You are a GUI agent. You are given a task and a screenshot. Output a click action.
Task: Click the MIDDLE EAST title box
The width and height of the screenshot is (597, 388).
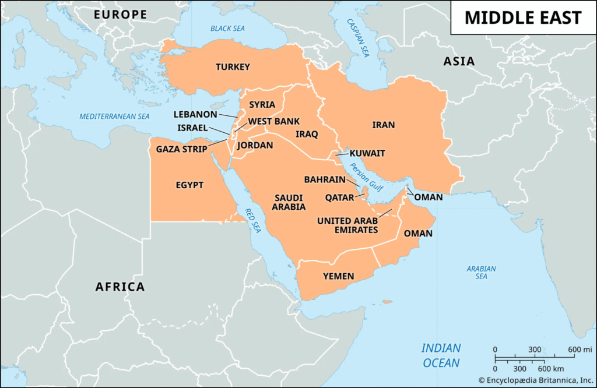coord(523,17)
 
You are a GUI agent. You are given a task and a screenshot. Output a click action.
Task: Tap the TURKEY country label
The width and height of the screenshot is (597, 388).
coord(233,67)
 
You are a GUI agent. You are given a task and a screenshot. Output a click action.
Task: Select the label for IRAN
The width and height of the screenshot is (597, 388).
coord(384,125)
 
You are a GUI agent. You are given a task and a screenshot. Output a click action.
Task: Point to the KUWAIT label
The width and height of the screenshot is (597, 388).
coord(367,153)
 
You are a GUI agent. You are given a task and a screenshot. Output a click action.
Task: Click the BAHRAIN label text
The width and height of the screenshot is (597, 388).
coord(325,179)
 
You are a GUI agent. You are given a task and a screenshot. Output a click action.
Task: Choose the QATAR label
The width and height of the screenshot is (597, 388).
coord(339,197)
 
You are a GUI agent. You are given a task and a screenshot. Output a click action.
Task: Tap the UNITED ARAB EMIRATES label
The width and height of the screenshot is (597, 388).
coord(347,225)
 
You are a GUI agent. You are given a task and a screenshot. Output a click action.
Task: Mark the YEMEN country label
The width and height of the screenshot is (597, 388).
coord(338,276)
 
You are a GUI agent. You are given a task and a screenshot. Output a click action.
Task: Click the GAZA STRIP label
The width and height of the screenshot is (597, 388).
coord(181,149)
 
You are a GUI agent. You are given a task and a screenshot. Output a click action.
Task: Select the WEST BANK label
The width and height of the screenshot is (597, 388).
coord(274,122)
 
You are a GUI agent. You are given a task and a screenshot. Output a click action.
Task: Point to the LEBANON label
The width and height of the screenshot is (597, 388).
coord(195,114)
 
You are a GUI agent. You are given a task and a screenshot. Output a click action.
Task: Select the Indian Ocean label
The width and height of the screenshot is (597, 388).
coord(441,355)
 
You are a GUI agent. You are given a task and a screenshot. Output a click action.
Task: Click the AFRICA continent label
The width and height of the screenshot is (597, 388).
coord(120,287)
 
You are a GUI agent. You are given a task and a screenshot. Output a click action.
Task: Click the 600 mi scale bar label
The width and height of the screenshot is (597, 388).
coord(580,349)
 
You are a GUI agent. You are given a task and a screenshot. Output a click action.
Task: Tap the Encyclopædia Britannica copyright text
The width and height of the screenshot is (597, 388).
coord(536,380)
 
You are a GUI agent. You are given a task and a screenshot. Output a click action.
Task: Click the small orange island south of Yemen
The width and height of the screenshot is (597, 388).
coord(386,302)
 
